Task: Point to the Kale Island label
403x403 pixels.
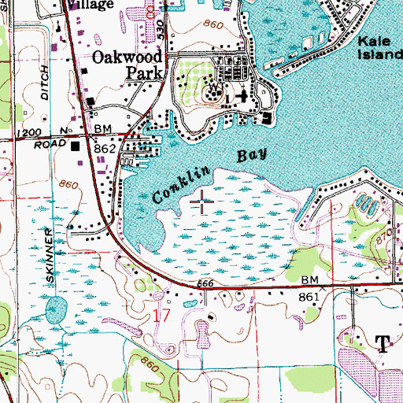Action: (x=379, y=49)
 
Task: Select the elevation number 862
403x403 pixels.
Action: (x=105, y=148)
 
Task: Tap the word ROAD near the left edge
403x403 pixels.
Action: (x=48, y=145)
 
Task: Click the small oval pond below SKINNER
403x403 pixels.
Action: (x=54, y=309)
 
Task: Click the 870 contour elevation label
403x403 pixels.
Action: (x=384, y=235)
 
